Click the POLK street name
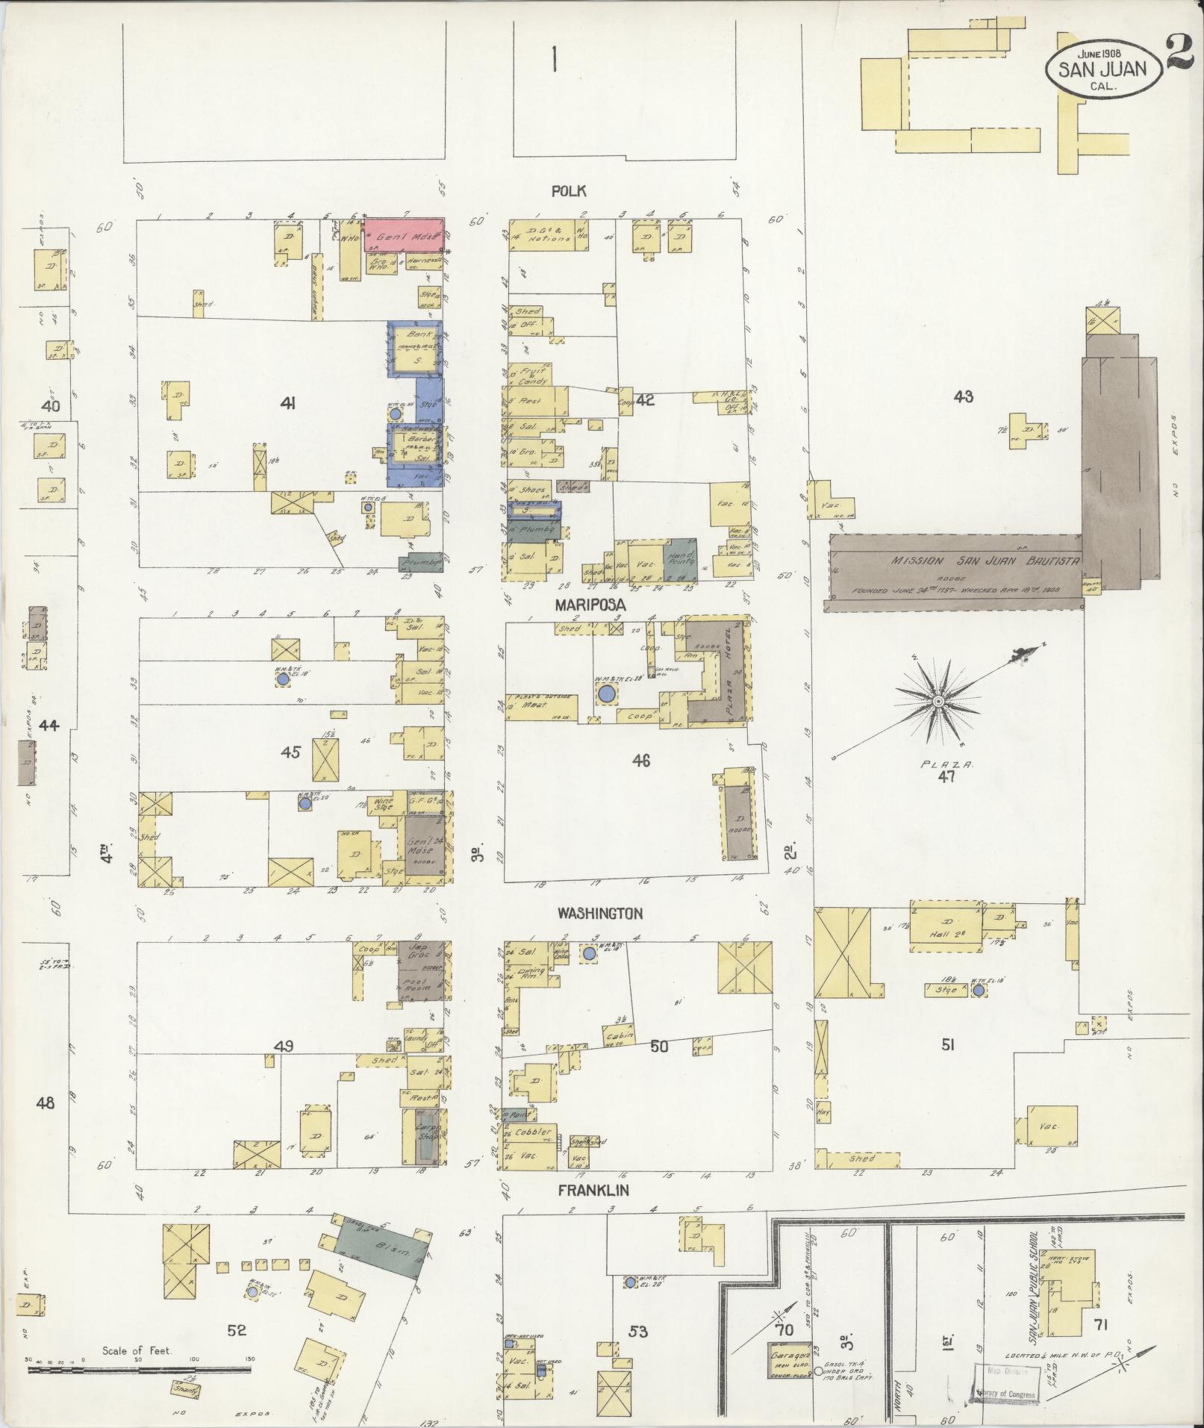point(568,191)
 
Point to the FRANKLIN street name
point(593,1191)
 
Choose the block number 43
point(963,397)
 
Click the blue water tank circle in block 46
point(606,694)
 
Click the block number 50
point(659,1047)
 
